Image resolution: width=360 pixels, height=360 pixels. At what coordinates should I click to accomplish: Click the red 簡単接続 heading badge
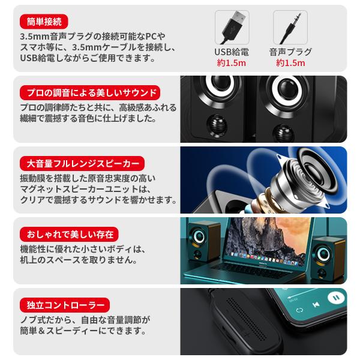[x=44, y=22]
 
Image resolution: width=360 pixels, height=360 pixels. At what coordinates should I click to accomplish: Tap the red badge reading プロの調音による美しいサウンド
[x=90, y=92]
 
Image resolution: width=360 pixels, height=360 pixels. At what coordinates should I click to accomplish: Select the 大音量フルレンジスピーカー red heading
[x=82, y=163]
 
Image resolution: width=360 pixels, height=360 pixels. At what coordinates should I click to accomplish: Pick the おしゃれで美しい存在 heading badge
[x=69, y=234]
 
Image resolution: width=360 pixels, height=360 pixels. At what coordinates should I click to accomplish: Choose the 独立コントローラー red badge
[x=65, y=305]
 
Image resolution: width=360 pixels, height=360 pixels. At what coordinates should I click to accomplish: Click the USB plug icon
[x=232, y=28]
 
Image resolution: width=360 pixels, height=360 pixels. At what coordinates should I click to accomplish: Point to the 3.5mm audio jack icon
[x=290, y=28]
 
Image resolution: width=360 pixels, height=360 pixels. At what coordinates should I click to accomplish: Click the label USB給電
[x=232, y=52]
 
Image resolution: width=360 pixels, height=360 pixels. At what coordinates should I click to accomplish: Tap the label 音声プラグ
[x=290, y=52]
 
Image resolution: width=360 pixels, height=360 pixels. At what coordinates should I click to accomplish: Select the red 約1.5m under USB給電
[x=232, y=63]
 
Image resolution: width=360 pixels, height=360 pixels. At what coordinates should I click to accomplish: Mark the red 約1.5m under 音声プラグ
[x=290, y=63]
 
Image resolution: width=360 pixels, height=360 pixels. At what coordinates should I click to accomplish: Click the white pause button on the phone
[x=336, y=298]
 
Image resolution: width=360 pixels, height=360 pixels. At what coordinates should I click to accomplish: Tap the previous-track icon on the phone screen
[x=316, y=305]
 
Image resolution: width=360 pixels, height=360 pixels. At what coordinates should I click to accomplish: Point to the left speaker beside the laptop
[x=203, y=242]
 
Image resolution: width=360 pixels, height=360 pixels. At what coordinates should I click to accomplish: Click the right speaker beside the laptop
[x=328, y=258]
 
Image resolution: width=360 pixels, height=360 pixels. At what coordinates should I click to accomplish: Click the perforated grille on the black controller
[x=247, y=319]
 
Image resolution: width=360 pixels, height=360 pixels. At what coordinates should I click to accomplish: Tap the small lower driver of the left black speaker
[x=217, y=125]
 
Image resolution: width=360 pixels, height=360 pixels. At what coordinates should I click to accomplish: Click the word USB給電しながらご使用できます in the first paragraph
[x=88, y=58]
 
